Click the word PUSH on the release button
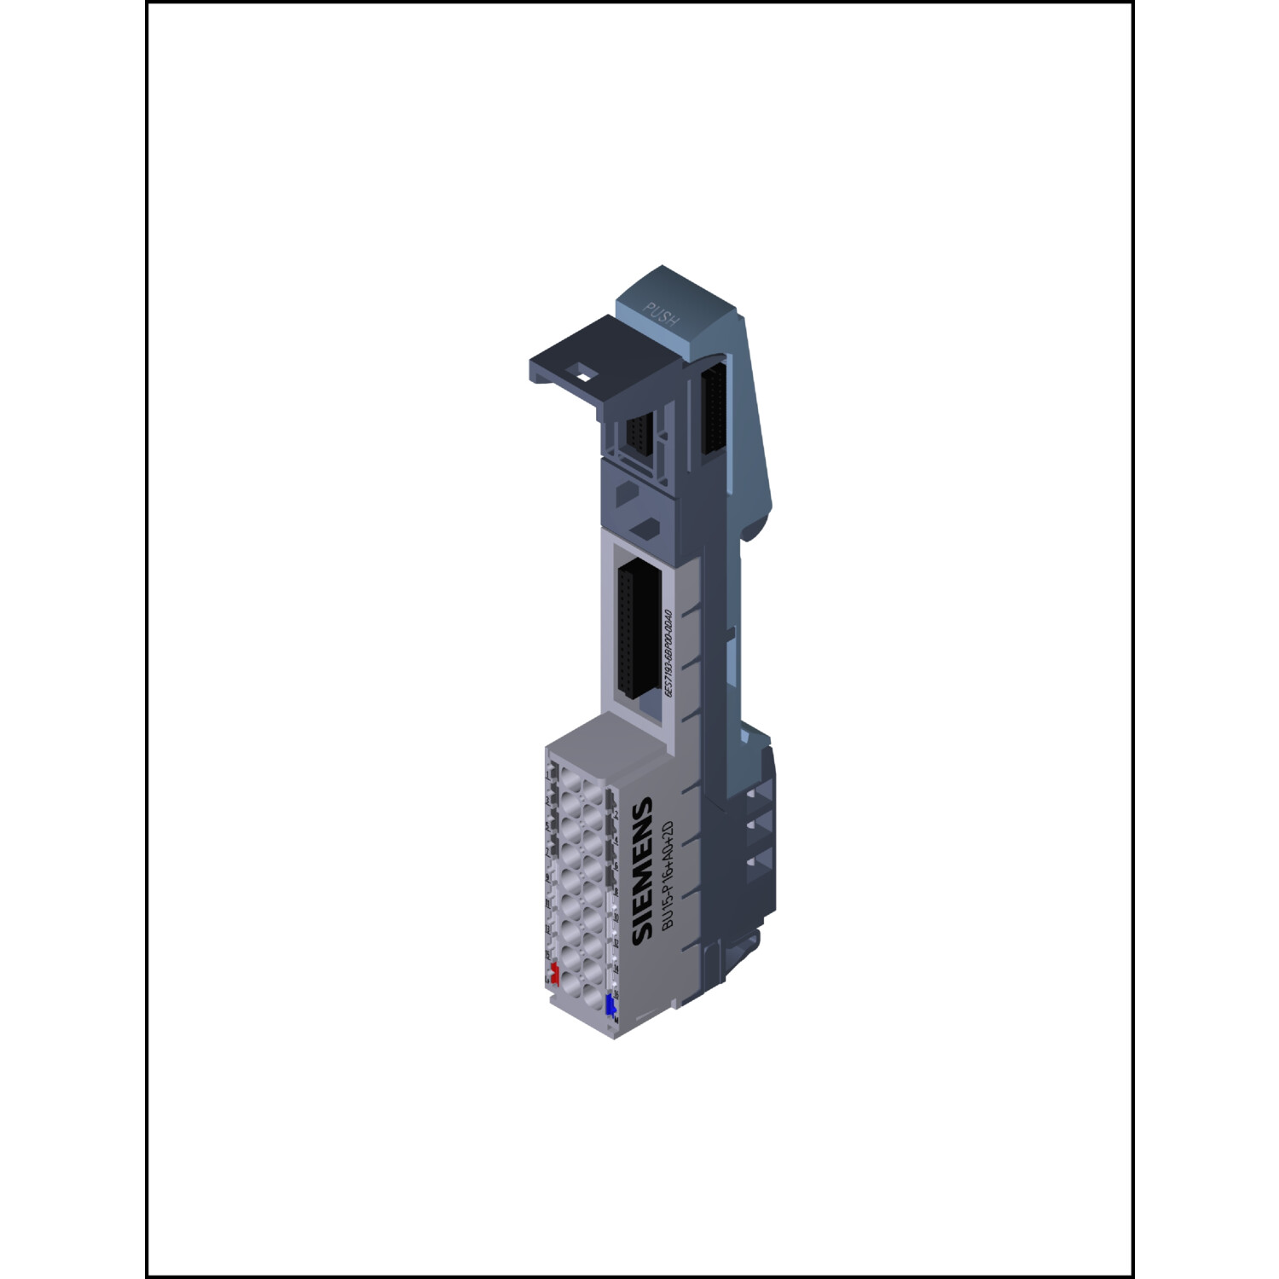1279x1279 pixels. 662,315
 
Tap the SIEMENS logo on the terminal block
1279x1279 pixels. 642,871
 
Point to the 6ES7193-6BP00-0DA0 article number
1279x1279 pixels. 669,654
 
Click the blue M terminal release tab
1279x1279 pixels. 611,1004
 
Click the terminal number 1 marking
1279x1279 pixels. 547,775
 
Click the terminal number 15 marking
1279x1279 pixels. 547,954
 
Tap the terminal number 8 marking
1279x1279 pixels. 615,892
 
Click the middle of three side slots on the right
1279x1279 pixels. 753,827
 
